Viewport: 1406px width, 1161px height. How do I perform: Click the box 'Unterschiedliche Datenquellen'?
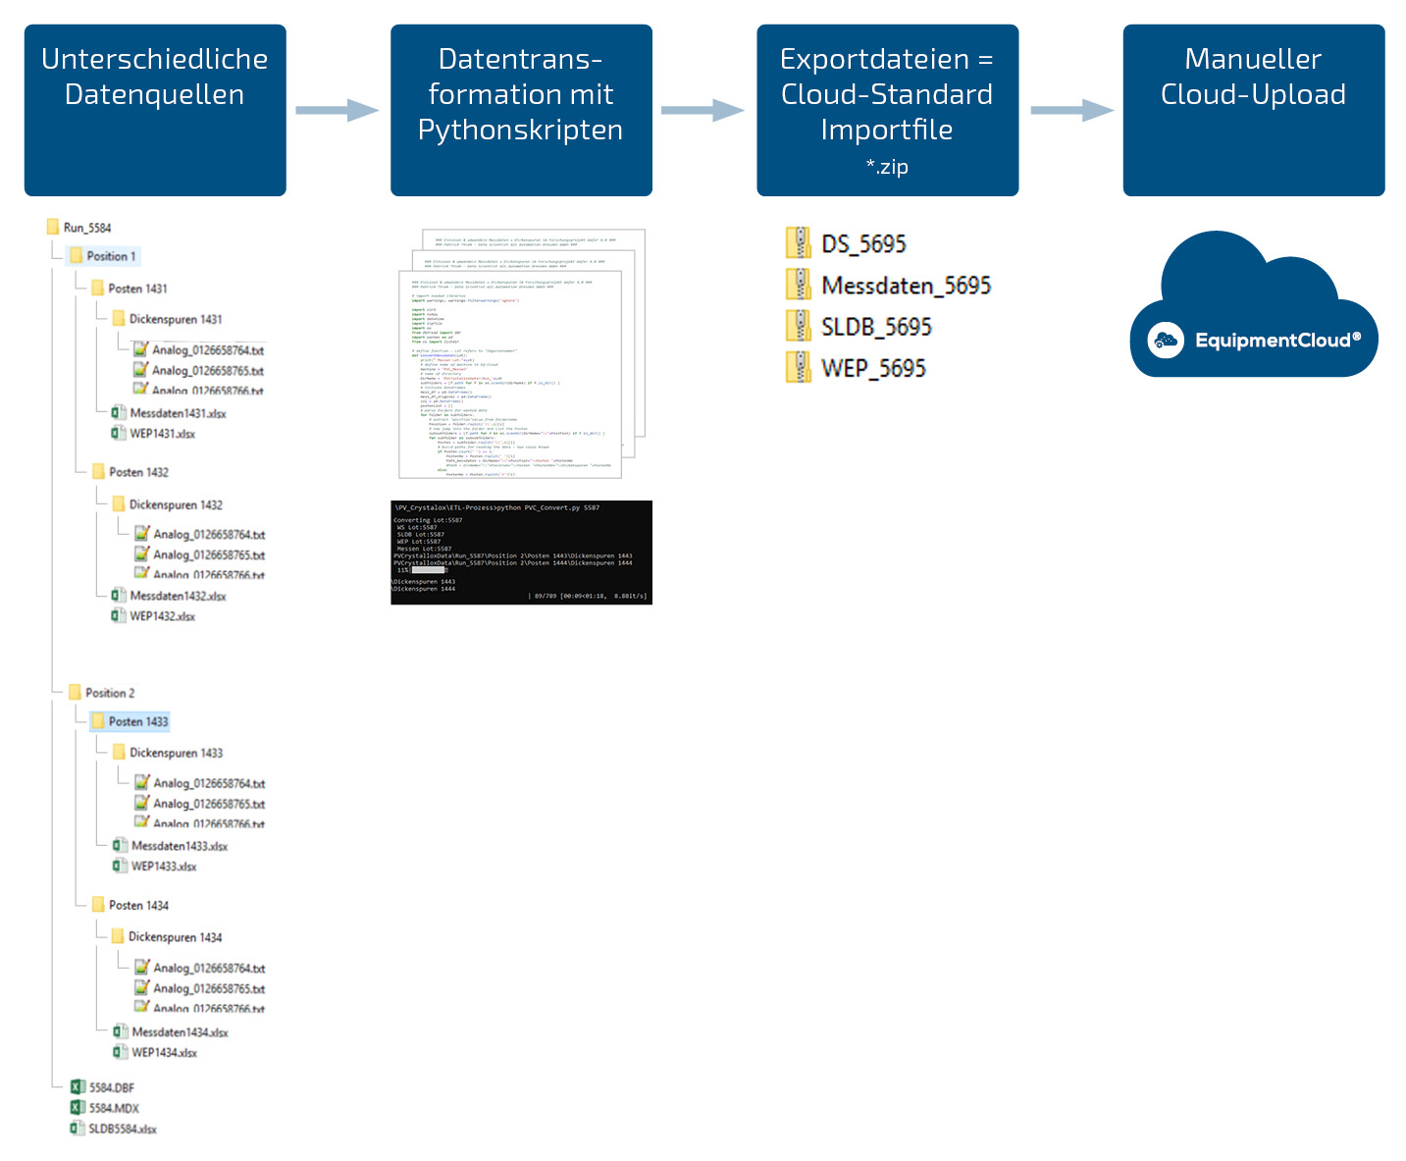(x=155, y=110)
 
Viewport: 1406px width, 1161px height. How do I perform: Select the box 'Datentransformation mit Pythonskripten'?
(x=521, y=110)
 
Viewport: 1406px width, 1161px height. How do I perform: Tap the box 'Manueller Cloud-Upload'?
(x=1253, y=110)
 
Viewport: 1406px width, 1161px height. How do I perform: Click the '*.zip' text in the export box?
(x=887, y=167)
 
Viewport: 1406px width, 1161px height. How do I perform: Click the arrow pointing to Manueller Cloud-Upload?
(x=1070, y=110)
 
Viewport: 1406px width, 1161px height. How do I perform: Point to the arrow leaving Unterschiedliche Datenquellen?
(x=337, y=110)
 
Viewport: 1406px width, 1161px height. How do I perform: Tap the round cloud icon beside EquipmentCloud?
(x=1166, y=341)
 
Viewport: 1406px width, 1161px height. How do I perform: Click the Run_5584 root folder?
(x=86, y=228)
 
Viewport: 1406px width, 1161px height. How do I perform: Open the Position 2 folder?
(x=109, y=693)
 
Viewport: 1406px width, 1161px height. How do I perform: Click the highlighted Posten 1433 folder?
(x=137, y=721)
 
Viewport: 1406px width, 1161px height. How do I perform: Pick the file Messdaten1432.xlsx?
(x=177, y=596)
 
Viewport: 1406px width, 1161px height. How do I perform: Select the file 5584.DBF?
(x=110, y=1087)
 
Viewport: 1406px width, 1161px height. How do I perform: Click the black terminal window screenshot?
(x=521, y=553)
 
